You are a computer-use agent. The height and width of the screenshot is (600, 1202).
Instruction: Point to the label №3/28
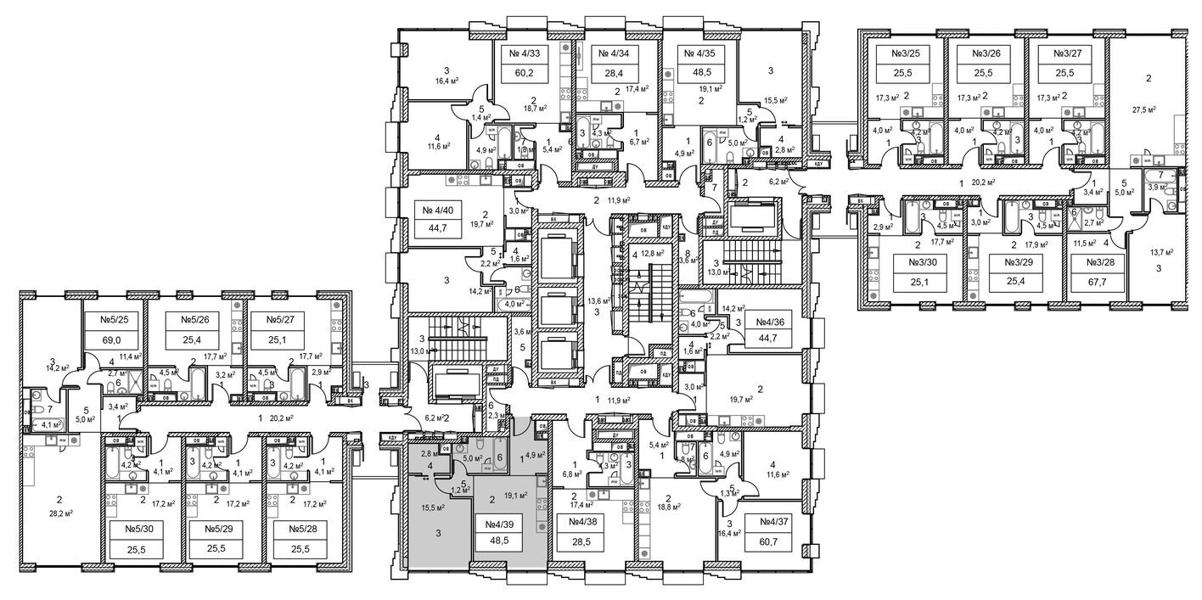[x=1094, y=264]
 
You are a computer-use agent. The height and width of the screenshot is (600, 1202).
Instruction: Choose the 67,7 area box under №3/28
[x=1094, y=283]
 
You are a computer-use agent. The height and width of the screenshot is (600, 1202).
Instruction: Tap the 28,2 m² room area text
[x=59, y=513]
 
